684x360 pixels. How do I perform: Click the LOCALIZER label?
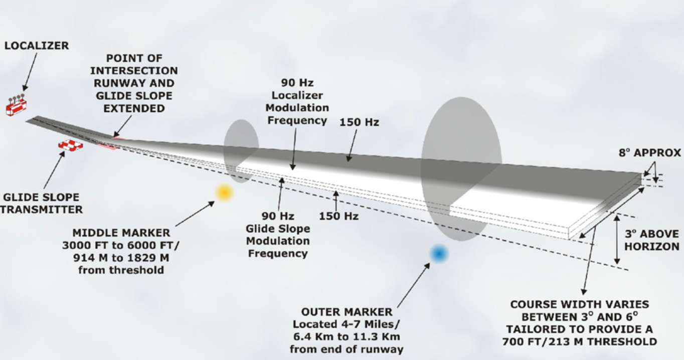click(36, 46)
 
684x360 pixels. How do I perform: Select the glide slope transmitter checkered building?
click(70, 145)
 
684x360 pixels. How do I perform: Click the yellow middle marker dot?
click(224, 192)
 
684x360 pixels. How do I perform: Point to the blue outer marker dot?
click(439, 254)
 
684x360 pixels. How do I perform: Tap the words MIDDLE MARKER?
click(121, 233)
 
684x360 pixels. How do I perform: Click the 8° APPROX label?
click(649, 153)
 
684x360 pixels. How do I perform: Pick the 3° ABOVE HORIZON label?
click(652, 241)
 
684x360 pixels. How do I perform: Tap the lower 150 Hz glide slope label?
click(338, 216)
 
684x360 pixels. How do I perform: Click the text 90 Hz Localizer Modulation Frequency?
click(297, 101)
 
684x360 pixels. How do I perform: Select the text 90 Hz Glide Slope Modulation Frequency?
click(277, 235)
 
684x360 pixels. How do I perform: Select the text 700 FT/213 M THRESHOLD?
click(579, 341)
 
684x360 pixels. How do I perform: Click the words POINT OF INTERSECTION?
click(134, 64)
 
